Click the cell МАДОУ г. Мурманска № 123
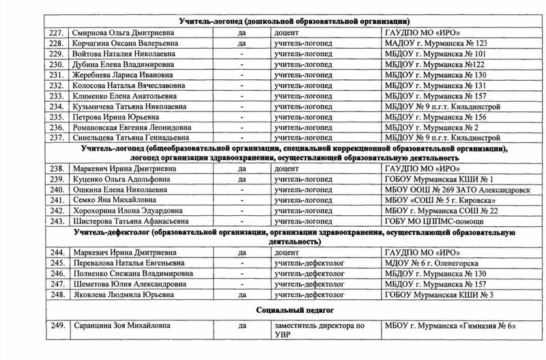[x=433, y=43]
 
